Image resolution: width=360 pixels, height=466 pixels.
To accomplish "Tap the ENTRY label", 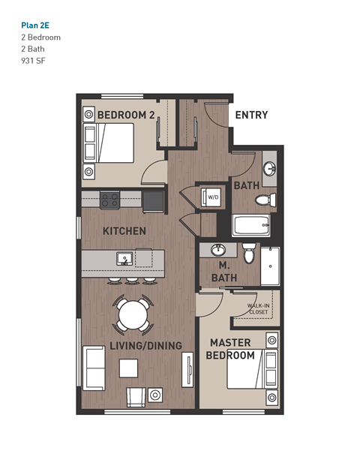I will pos(251,115).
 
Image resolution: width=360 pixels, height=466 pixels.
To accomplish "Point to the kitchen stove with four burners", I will pos(110,200).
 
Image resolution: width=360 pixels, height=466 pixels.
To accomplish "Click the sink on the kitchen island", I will pos(124,259).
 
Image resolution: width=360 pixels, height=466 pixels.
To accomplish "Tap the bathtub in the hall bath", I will pos(251,224).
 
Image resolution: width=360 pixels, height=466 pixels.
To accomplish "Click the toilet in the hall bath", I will pos(264,200).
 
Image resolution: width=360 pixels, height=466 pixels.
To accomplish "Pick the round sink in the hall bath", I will pos(268,167).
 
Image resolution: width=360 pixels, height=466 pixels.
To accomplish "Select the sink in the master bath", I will pos(219,250).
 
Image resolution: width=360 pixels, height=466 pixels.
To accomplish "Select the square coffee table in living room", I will pos(128,368).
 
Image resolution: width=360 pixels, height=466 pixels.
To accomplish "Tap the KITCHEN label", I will pos(124,230).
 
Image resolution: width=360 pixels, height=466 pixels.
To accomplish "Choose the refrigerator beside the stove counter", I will pos(154,200).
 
